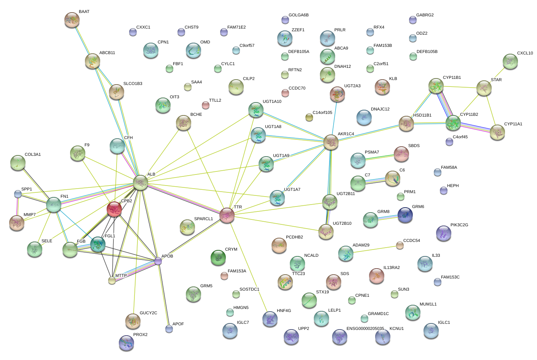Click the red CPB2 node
(x=114, y=209)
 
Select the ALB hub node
(x=141, y=182)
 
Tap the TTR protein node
(x=227, y=215)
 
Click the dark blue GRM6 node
(x=405, y=215)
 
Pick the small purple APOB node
(x=158, y=261)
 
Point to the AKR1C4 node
(x=331, y=142)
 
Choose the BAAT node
(x=72, y=20)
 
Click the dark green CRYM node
(x=218, y=258)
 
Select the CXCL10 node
(x=510, y=62)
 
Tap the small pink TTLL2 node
(x=205, y=105)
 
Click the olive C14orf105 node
(x=309, y=117)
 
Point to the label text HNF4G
(x=284, y=310)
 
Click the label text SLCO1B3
(x=133, y=83)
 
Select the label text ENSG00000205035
(x=365, y=328)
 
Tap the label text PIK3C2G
(x=459, y=225)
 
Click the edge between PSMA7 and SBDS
(x=379, y=157)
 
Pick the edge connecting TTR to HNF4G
(x=249, y=267)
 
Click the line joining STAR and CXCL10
(x=497, y=75)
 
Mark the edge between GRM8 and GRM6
(x=388, y=217)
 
